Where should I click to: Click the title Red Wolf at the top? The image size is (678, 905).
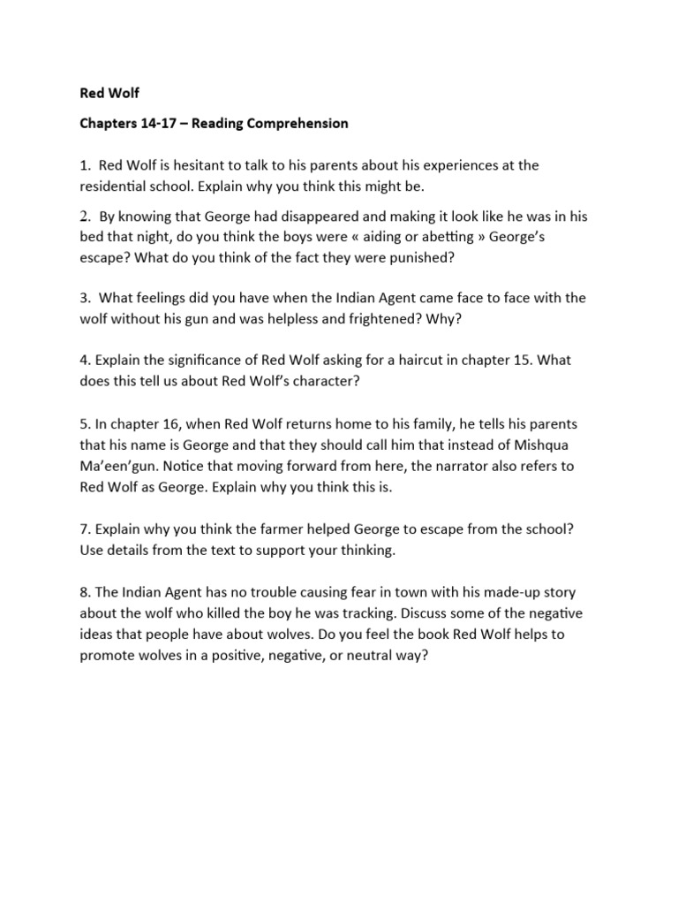109,92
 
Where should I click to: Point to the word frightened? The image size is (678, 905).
386,319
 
